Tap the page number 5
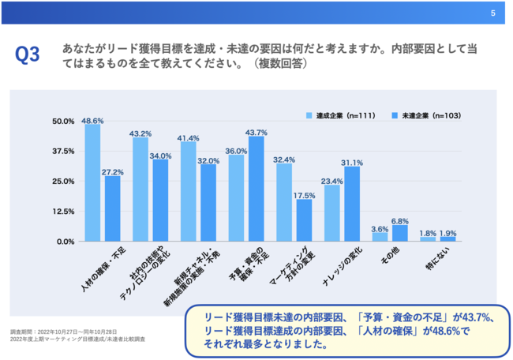(x=492, y=12)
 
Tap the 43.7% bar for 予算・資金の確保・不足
(x=256, y=189)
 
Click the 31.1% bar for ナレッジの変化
(x=352, y=204)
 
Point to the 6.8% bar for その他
(x=400, y=233)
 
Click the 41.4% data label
(x=188, y=137)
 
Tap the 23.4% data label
(x=332, y=181)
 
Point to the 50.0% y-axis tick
(x=63, y=121)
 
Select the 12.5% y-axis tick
(x=63, y=212)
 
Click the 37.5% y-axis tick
(x=63, y=151)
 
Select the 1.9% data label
(x=447, y=233)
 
